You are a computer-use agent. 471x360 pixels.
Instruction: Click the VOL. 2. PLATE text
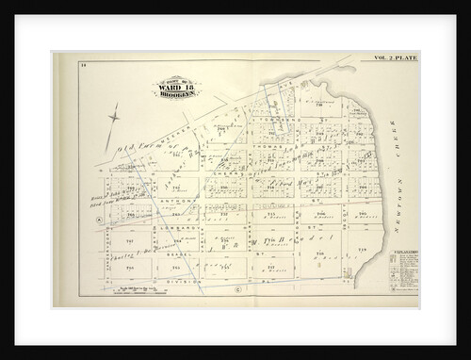pos(396,57)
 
